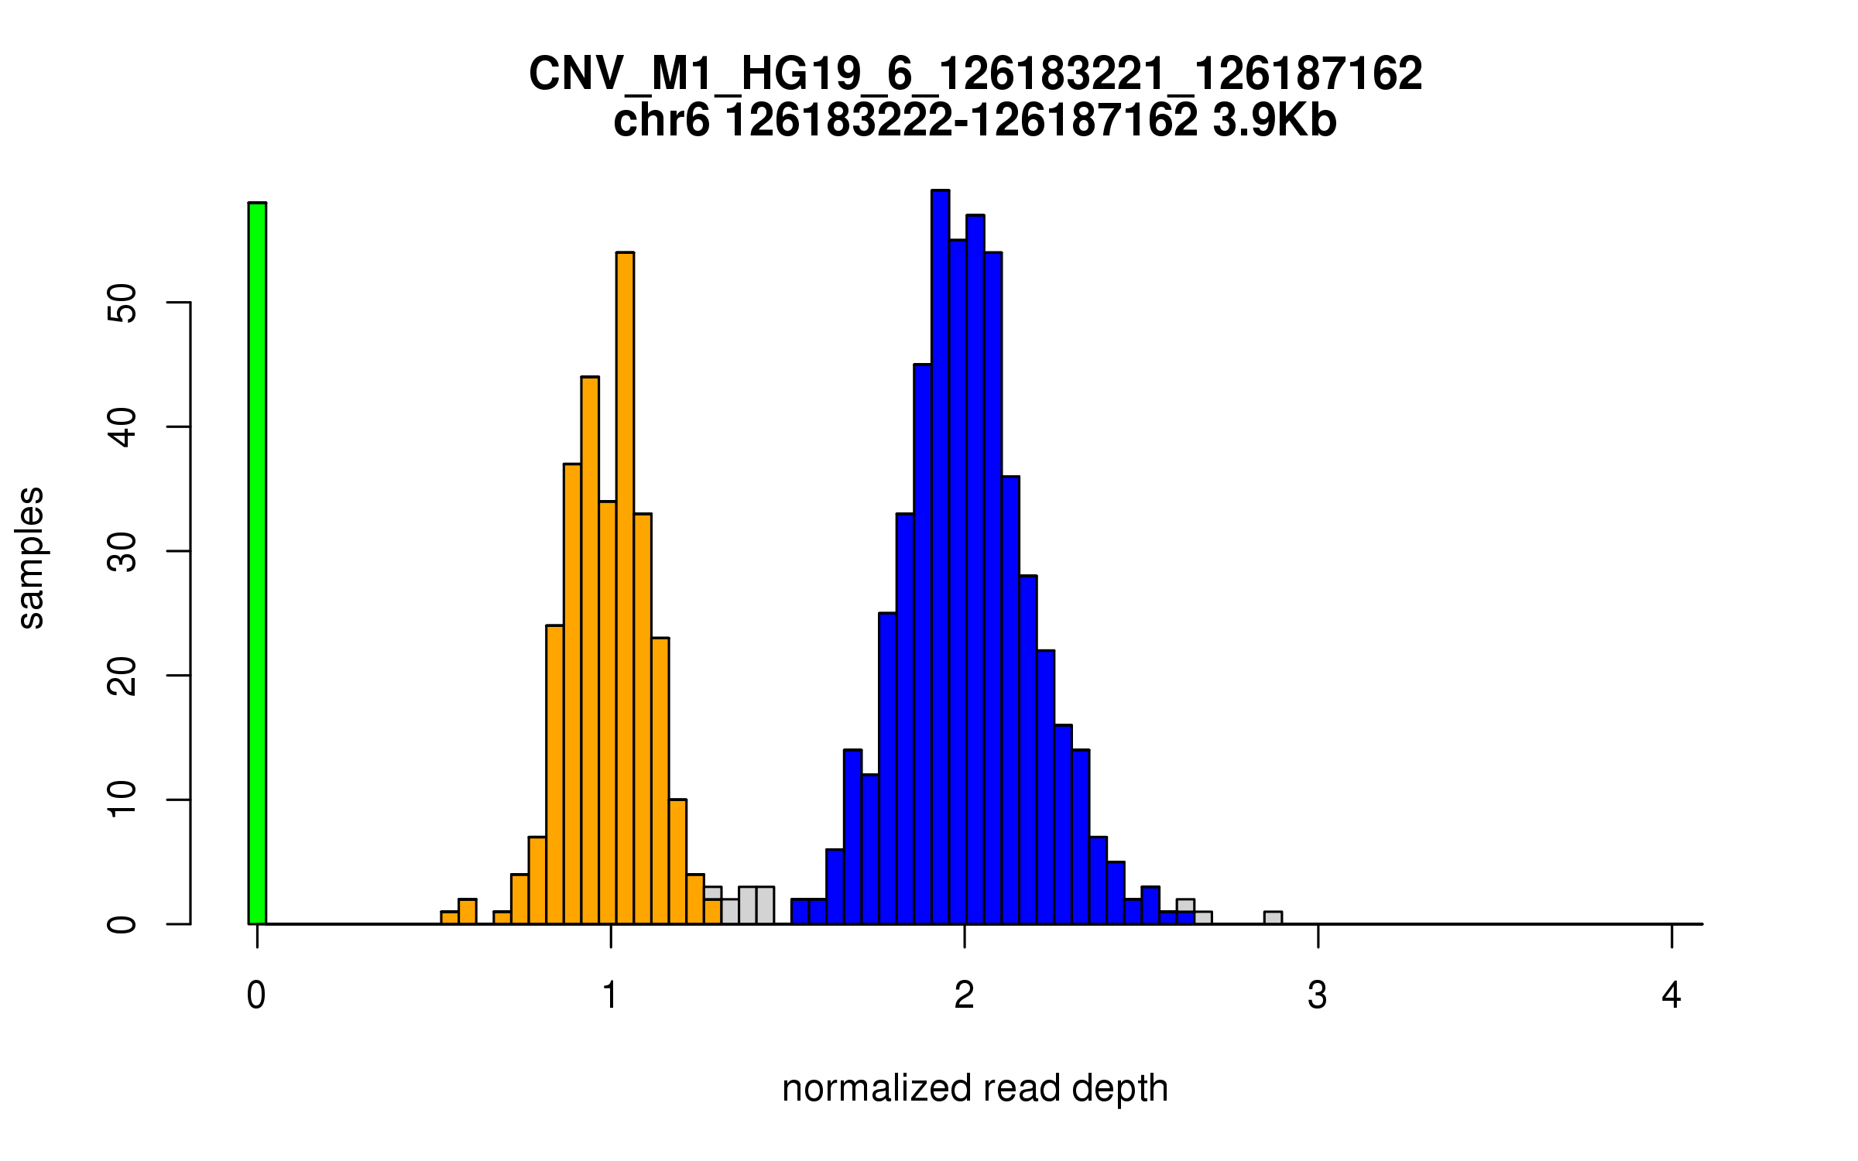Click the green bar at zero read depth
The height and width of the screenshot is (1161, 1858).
click(257, 563)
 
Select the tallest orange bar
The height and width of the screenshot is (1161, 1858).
click(625, 588)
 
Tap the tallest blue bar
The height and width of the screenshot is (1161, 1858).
click(940, 557)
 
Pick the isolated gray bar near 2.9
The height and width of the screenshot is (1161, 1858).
click(1273, 918)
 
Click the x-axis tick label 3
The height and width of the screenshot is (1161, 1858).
click(1318, 995)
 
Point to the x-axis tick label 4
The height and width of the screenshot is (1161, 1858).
click(1671, 995)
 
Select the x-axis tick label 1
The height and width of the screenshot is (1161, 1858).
click(611, 995)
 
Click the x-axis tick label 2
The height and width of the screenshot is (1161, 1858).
click(965, 995)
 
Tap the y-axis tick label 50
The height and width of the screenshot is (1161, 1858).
click(122, 303)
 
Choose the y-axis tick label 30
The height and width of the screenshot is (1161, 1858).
click(122, 551)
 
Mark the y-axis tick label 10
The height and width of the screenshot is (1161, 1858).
click(122, 800)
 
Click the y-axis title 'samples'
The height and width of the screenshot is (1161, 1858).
click(31, 558)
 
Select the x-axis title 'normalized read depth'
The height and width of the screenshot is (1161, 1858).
click(975, 1088)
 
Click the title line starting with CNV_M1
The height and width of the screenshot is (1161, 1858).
click(975, 74)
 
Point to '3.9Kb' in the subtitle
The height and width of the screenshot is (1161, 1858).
click(1274, 121)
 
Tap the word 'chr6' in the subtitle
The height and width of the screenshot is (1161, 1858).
click(661, 121)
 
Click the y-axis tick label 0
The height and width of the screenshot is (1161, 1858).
click(122, 924)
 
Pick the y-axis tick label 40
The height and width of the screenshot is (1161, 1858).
click(122, 427)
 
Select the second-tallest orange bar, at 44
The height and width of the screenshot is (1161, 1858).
click(590, 650)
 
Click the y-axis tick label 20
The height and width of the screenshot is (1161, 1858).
click(122, 676)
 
